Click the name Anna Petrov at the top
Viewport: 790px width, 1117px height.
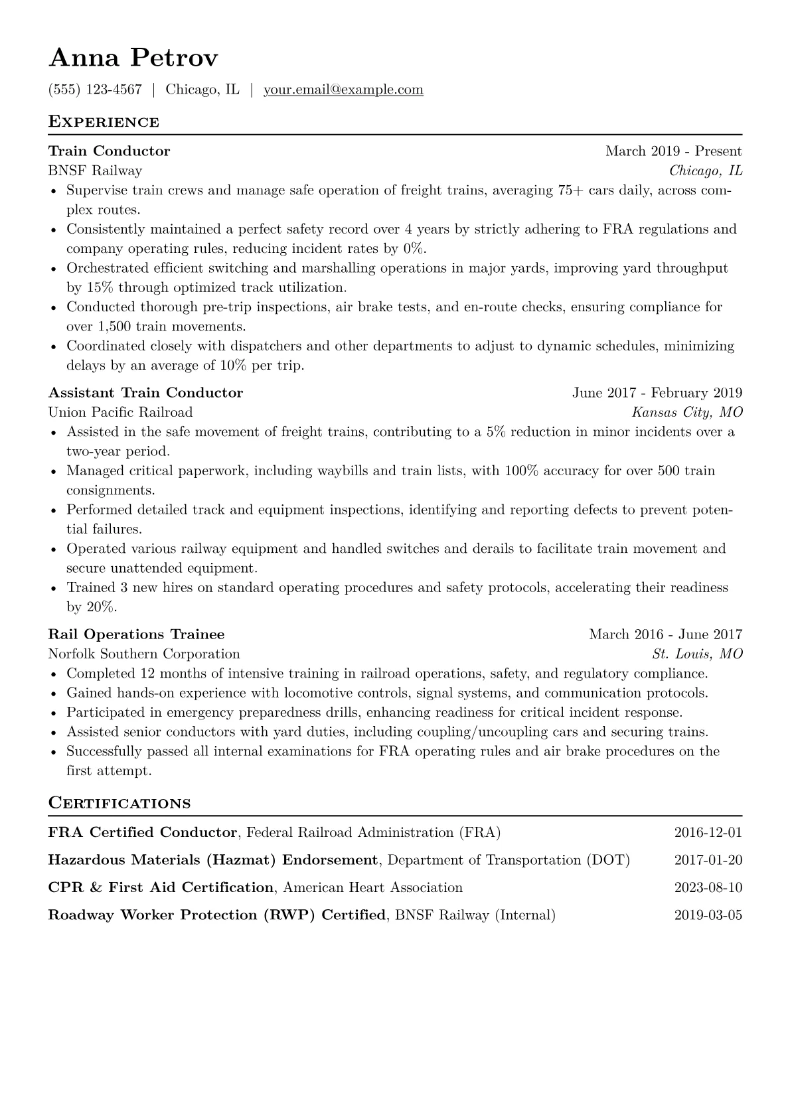point(133,58)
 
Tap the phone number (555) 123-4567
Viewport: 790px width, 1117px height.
point(95,90)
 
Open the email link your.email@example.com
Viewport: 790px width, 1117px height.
point(343,90)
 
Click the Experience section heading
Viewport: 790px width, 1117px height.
point(104,122)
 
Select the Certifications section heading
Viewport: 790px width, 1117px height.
point(119,803)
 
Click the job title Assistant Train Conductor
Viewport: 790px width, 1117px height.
point(145,393)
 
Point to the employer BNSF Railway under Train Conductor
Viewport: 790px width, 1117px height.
point(95,171)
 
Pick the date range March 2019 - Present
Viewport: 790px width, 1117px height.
point(673,151)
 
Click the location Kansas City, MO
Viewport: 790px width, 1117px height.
point(687,412)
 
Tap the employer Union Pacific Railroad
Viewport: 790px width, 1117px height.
point(120,412)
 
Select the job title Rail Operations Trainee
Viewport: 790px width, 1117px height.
point(136,634)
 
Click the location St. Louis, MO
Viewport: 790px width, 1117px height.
point(697,654)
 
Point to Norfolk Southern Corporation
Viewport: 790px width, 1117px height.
point(144,654)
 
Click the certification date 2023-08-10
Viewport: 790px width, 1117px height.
point(708,887)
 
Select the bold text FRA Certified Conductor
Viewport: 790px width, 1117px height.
point(142,832)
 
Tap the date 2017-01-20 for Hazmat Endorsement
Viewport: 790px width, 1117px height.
point(708,860)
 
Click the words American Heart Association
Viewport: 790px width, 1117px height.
point(372,887)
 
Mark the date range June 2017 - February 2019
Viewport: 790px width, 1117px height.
point(657,393)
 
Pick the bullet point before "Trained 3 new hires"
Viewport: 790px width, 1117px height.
point(53,589)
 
